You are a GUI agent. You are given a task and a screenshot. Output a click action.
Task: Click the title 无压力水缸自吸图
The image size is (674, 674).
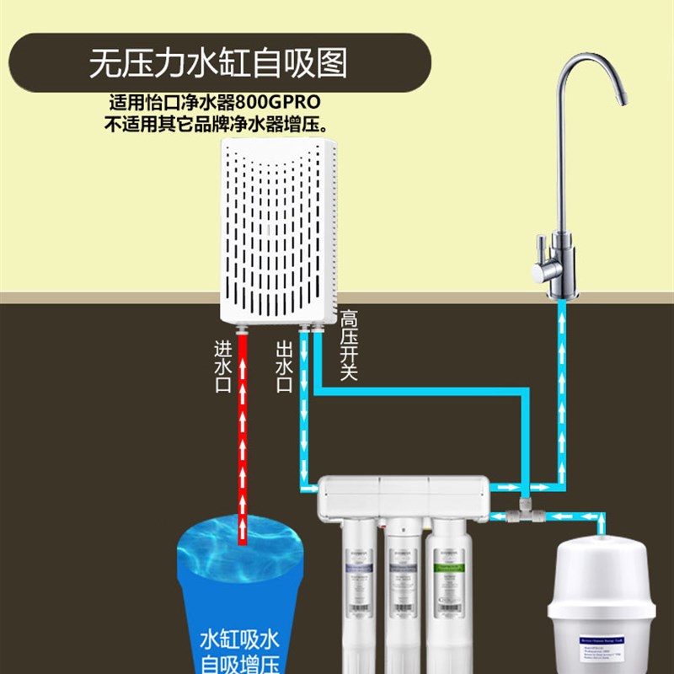218,64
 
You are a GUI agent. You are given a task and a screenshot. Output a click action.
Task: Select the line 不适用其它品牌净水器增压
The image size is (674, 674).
216,125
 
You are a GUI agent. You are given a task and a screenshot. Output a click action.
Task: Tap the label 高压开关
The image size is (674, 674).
349,345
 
